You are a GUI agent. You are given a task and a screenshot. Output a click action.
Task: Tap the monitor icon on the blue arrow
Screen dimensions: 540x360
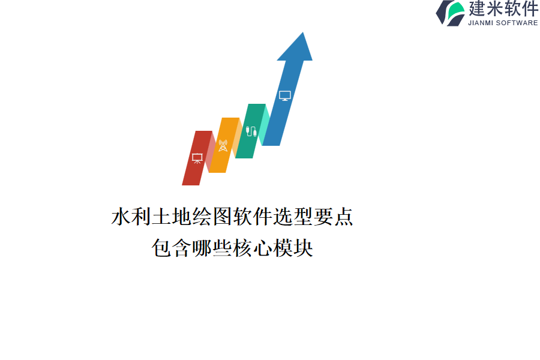point(285,96)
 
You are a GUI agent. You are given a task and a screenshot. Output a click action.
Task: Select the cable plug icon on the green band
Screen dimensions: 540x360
point(251,131)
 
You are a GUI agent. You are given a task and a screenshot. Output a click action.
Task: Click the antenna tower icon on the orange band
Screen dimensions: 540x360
point(223,145)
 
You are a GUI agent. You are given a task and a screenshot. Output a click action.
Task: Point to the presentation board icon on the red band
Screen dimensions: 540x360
point(197,158)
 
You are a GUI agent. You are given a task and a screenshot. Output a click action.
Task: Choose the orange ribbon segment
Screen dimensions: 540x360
point(224,145)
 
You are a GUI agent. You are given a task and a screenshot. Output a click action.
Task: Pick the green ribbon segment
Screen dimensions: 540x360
point(251,131)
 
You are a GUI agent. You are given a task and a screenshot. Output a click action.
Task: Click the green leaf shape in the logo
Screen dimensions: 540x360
point(457,12)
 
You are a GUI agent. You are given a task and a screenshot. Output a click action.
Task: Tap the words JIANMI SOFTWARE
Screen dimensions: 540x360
point(503,23)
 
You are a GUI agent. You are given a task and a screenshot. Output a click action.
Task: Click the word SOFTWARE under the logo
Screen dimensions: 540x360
point(517,23)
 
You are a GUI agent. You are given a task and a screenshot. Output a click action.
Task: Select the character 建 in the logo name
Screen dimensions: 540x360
point(477,8)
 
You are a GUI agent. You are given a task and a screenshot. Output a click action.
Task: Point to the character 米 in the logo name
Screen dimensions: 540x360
point(494,8)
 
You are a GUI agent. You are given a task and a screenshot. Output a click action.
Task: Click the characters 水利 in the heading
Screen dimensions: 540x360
point(131,217)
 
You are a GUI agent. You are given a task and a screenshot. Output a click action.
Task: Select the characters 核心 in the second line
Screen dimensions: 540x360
point(253,248)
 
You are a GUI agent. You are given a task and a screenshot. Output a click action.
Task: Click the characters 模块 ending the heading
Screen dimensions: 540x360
point(293,248)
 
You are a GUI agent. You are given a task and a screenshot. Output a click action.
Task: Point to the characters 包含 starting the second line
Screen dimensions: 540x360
point(172,248)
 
